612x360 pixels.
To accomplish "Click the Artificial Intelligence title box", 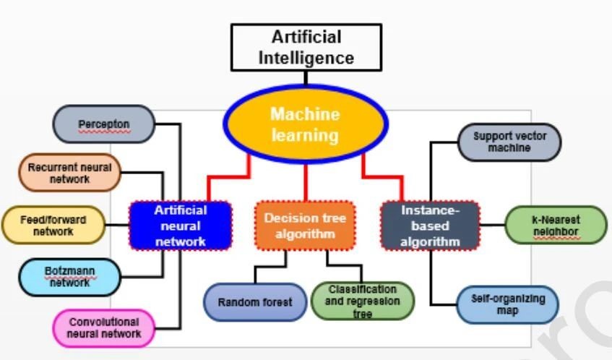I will pos(306,48).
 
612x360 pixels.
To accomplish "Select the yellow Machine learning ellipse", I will pos(305,125).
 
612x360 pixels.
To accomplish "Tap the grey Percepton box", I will pos(104,124).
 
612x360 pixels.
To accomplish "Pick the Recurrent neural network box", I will pos(69,173).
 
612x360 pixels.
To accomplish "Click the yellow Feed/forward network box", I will pos(53,225).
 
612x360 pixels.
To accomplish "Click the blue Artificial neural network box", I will pos(181,225).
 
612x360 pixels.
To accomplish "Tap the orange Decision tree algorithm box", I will pos(305,225).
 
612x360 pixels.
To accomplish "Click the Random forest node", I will pos(255,301).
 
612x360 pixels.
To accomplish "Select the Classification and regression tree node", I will pos(363,301).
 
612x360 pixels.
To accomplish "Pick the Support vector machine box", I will pos(509,142).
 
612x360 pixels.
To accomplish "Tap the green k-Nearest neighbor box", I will pos(555,225).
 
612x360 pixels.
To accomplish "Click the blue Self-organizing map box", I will pos(508,304).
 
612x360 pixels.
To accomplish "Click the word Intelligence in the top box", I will pos(306,58).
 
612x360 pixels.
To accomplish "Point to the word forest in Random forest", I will pos(275,301).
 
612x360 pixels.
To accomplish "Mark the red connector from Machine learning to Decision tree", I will pos(306,182).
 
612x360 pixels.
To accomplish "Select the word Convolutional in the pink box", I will pos(103,322).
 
